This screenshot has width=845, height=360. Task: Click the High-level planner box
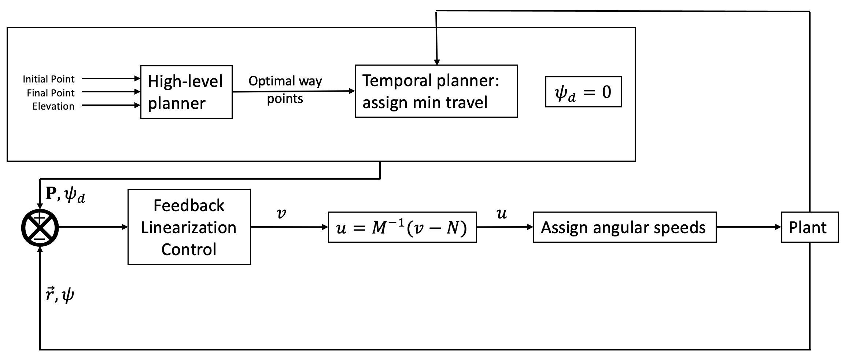186,92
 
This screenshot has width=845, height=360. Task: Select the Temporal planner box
436,91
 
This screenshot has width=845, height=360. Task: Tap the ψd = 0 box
583,92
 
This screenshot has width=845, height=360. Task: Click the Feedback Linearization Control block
189,227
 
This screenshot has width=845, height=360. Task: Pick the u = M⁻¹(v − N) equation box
402,227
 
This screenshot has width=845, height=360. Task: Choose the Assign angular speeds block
624,227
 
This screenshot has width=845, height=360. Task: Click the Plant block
809,227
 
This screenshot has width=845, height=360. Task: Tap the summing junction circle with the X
40,228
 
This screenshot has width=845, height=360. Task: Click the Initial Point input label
49,79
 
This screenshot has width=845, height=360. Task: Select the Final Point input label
51,93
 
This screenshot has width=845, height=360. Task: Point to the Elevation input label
53,106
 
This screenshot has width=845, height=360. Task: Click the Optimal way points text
285,89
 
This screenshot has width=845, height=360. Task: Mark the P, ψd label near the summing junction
65,195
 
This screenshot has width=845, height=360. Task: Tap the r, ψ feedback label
60,294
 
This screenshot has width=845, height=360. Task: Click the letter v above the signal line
281,213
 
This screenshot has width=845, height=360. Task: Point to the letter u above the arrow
502,213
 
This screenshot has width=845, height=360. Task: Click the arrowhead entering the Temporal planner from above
436,62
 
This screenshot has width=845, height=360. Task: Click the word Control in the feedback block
189,250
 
